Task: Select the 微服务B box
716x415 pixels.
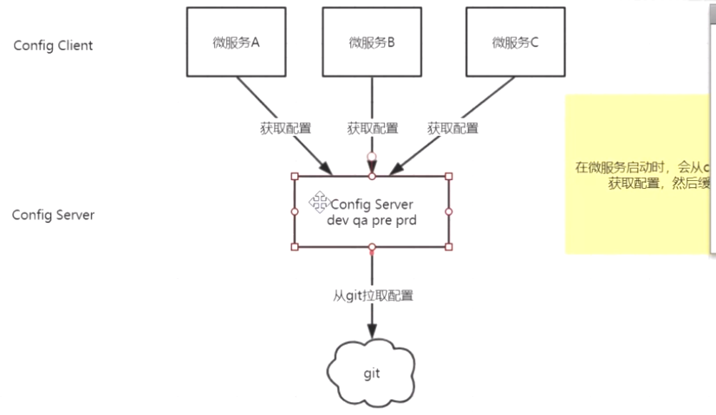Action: (372, 41)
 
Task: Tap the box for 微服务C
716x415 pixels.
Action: (515, 41)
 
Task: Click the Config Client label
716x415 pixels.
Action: (53, 45)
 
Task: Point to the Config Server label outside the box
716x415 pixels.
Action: (53, 214)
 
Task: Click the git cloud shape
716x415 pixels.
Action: (372, 373)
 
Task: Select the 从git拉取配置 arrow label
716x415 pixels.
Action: (374, 295)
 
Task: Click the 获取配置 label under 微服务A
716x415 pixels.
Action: (286, 128)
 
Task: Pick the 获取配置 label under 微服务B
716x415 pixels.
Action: (373, 128)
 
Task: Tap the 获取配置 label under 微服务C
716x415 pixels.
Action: (452, 128)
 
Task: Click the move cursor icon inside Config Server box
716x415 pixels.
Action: (318, 204)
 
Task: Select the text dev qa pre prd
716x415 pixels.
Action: (371, 220)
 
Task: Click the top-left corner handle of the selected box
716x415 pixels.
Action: (295, 177)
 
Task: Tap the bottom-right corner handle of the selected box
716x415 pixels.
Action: (449, 247)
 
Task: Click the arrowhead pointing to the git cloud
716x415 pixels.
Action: (372, 332)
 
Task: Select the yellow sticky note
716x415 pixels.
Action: (640, 173)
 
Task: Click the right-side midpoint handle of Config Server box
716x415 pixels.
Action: (449, 211)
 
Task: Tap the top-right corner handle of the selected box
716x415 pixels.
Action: (449, 177)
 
